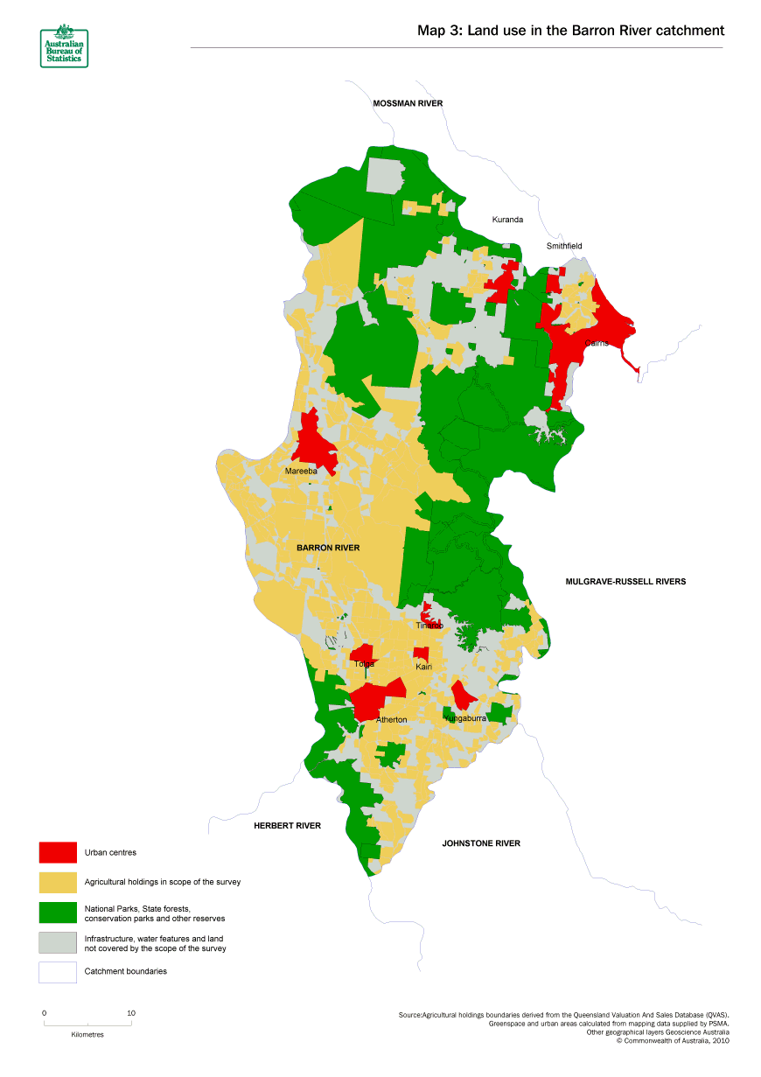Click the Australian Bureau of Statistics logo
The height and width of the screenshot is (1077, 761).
[64, 46]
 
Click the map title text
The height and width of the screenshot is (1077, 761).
[570, 31]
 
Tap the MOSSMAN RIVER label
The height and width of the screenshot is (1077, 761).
[408, 103]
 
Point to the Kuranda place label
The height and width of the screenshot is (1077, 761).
[507, 220]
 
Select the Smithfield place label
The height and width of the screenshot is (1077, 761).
[564, 247]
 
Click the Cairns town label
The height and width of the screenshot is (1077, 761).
[597, 343]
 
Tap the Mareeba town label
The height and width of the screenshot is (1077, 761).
[302, 472]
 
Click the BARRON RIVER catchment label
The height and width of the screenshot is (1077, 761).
[328, 548]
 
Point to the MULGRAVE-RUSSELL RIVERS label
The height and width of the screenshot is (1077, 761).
[625, 581]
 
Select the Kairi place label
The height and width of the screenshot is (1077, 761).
[424, 668]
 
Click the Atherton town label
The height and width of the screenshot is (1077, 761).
[391, 719]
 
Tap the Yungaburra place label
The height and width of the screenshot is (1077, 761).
[465, 718]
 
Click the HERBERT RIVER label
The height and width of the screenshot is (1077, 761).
[287, 826]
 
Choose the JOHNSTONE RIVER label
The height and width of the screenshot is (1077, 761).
[481, 843]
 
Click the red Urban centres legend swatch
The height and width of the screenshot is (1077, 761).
[58, 852]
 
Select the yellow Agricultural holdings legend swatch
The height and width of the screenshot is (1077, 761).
[58, 882]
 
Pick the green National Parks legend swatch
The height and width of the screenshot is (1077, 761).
[58, 913]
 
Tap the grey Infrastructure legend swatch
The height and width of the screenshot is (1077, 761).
[58, 942]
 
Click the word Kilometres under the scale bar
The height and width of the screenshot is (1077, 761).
[87, 1034]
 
